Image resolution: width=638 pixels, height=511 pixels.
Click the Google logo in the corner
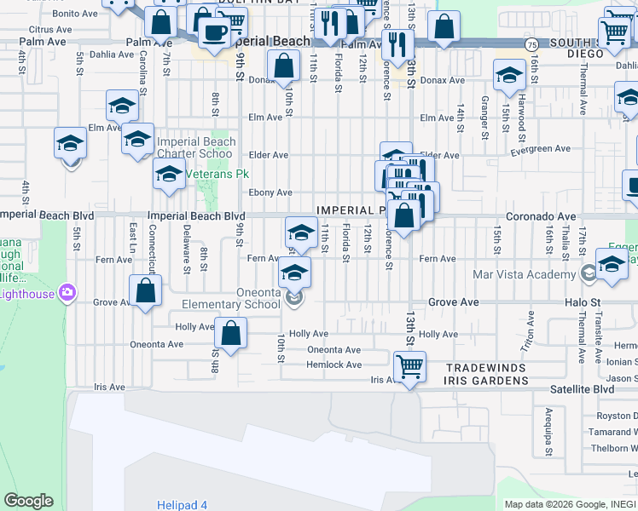[x=28, y=501]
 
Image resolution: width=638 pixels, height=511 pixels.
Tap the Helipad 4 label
[x=182, y=505]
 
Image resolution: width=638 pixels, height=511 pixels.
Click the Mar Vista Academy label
[x=524, y=274]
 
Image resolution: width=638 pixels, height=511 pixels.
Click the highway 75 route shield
[x=531, y=43]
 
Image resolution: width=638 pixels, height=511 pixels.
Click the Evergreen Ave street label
[x=539, y=148]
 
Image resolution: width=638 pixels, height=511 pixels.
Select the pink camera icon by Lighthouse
[x=67, y=294]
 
